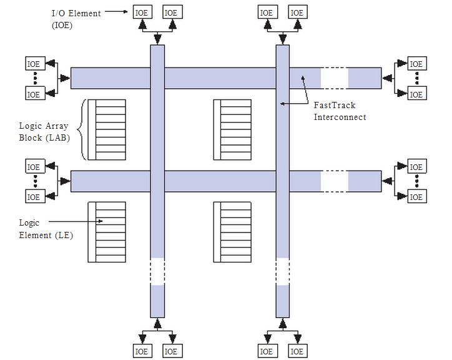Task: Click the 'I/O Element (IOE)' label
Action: pos(76,19)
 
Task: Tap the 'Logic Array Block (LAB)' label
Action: pos(44,131)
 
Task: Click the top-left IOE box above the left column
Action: pos(142,12)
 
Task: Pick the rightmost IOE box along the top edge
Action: pos(298,12)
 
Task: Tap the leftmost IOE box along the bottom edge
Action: pos(142,352)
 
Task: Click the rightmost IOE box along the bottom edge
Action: pos(298,352)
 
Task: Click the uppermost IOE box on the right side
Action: pos(416,64)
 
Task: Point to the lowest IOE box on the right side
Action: pos(416,197)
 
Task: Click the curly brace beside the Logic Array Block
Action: pos(84,130)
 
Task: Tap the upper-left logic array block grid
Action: pos(107,130)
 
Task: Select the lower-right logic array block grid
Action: pos(232,232)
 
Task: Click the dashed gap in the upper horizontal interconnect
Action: pos(334,78)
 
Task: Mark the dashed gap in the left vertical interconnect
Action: pos(157,272)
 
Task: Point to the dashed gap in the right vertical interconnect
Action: pos(283,272)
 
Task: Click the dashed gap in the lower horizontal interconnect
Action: pos(334,181)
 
